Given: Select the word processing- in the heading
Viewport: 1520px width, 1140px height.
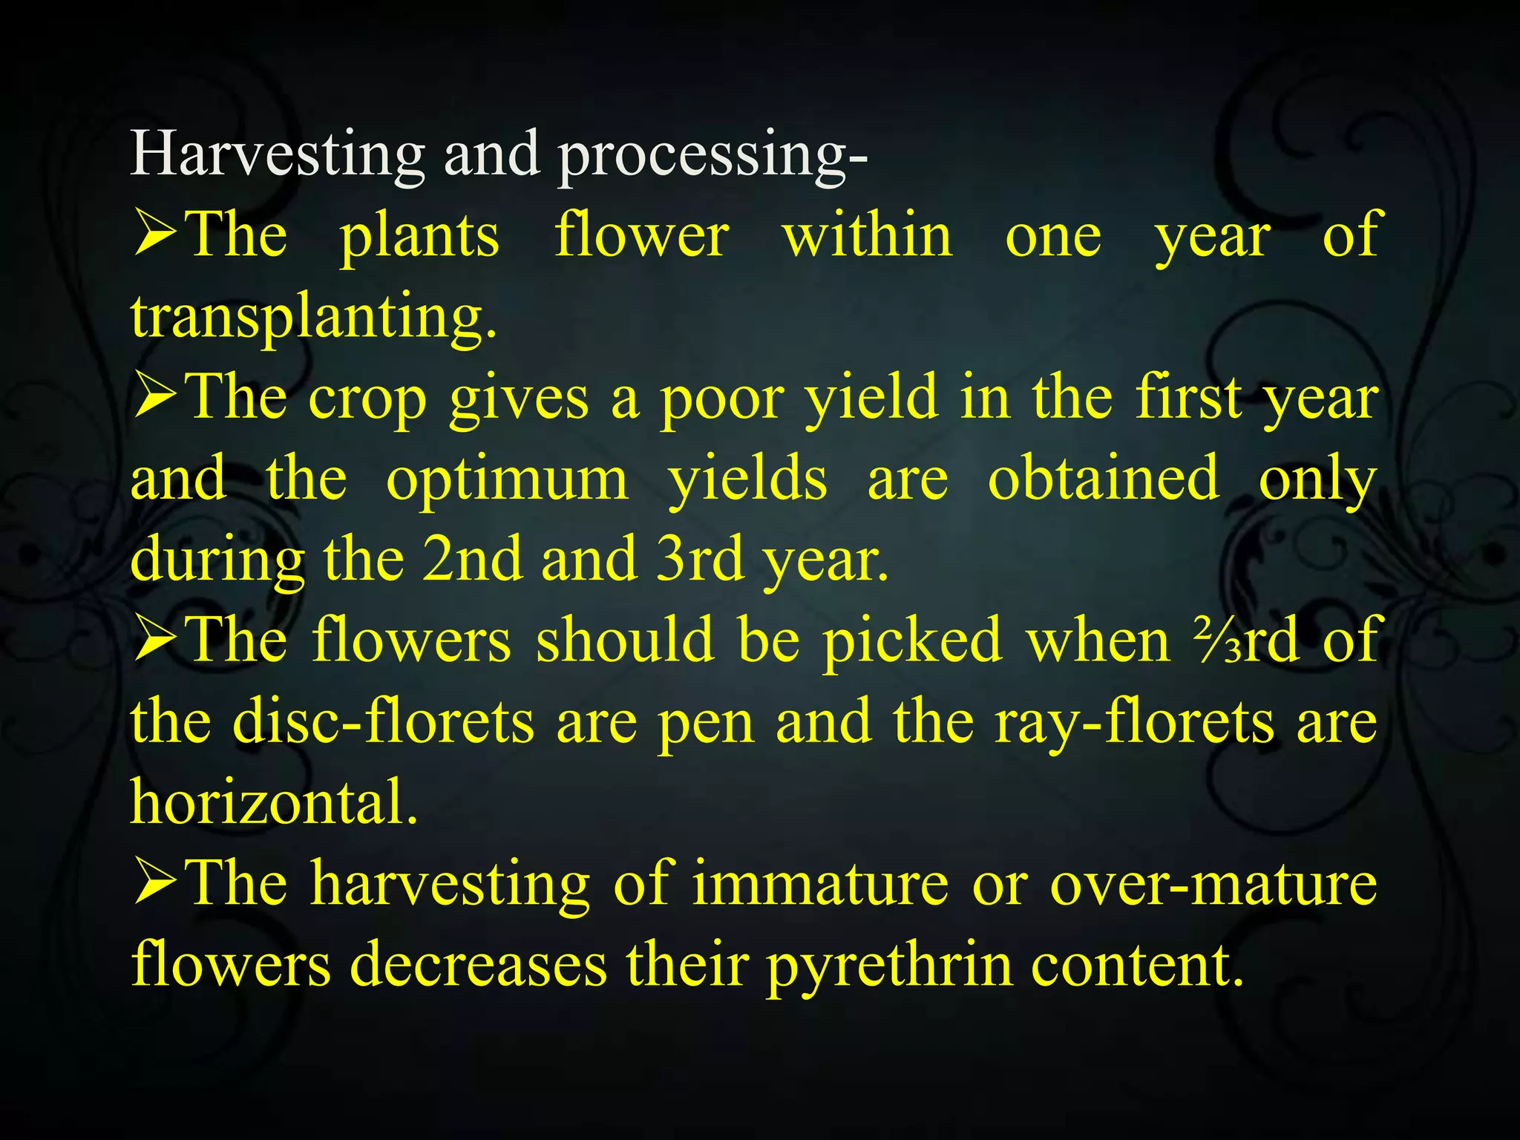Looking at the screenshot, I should click(712, 156).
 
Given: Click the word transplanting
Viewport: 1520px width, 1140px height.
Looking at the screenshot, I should click(313, 316).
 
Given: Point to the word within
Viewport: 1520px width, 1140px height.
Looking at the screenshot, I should click(868, 235).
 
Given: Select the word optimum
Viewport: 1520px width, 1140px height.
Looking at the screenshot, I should click(507, 479).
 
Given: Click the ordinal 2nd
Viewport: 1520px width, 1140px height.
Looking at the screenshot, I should click(472, 559).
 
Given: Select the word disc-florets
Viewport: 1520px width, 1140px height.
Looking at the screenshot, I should click(383, 721).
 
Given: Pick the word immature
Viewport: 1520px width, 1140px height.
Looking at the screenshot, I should click(820, 882).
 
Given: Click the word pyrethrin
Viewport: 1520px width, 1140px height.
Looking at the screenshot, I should click(889, 965).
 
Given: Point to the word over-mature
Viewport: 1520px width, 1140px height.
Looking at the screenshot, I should click(1213, 882).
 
